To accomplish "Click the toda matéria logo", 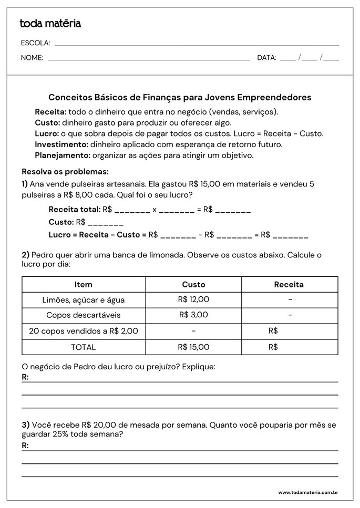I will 50,24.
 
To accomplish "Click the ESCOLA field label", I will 36,43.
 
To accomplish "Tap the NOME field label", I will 32,58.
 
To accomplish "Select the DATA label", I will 266,58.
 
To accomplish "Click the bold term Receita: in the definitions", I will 50,112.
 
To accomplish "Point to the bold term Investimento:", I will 61,144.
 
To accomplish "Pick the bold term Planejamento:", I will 63,155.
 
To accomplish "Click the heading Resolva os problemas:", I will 65,172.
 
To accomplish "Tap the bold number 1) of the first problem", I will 25,184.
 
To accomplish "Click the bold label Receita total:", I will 74,210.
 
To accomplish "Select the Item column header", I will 83,285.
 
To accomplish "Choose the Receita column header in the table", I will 289,285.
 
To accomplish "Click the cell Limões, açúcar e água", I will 83,300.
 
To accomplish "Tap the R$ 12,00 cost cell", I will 193,299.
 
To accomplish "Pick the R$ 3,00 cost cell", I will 193,315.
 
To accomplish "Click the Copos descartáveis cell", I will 83,316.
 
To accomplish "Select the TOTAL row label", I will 83,347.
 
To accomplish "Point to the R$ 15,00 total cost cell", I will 193,347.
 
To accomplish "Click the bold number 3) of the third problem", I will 25,424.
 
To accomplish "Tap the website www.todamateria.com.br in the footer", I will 308,493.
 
